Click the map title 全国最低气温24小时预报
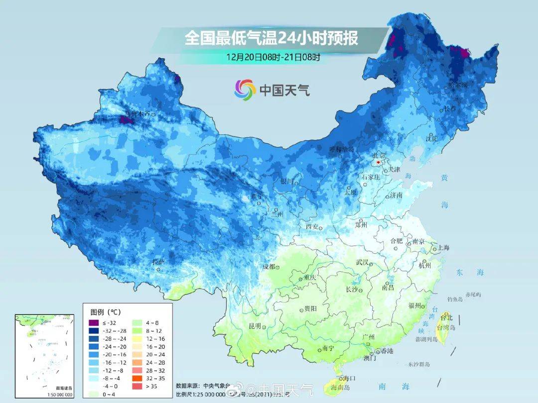(271, 38)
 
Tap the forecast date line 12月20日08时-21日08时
(272, 57)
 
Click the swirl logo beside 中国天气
(245, 90)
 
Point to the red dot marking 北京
(379, 162)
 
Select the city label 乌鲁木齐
(137, 114)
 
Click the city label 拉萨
(158, 262)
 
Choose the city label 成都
(269, 267)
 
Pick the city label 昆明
(255, 326)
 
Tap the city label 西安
(312, 227)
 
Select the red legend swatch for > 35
(137, 386)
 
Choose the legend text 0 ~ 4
(110, 395)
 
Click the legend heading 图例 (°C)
(105, 312)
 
